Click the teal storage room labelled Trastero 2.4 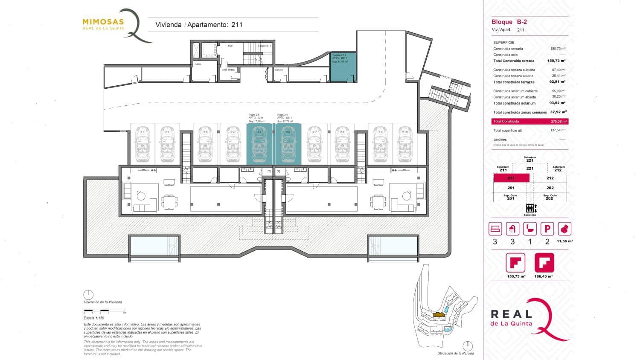(x=343, y=67)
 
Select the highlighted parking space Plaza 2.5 (x=259, y=144)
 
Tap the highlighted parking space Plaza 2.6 (x=288, y=144)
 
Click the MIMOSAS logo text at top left (x=103, y=22)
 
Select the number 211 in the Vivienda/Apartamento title (x=237, y=25)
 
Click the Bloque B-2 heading (x=509, y=22)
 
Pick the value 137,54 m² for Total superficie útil (x=558, y=131)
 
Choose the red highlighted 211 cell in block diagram (x=511, y=178)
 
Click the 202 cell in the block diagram (x=550, y=188)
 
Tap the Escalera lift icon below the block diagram (x=530, y=209)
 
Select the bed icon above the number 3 (x=495, y=229)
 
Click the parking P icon (x=547, y=229)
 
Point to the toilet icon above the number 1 (x=529, y=229)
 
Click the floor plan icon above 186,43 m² (x=544, y=263)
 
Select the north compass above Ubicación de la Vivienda (x=88, y=295)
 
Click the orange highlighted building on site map (x=439, y=316)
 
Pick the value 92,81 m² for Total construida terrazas (x=557, y=82)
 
